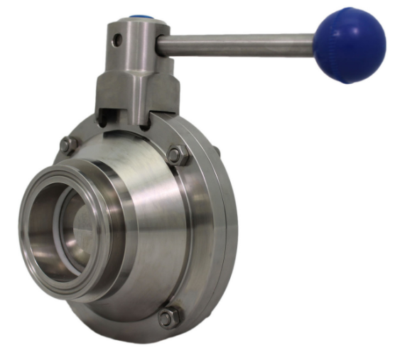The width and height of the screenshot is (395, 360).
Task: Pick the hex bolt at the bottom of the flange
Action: coord(169,317)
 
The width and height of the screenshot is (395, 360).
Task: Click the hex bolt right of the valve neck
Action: coord(178,154)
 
